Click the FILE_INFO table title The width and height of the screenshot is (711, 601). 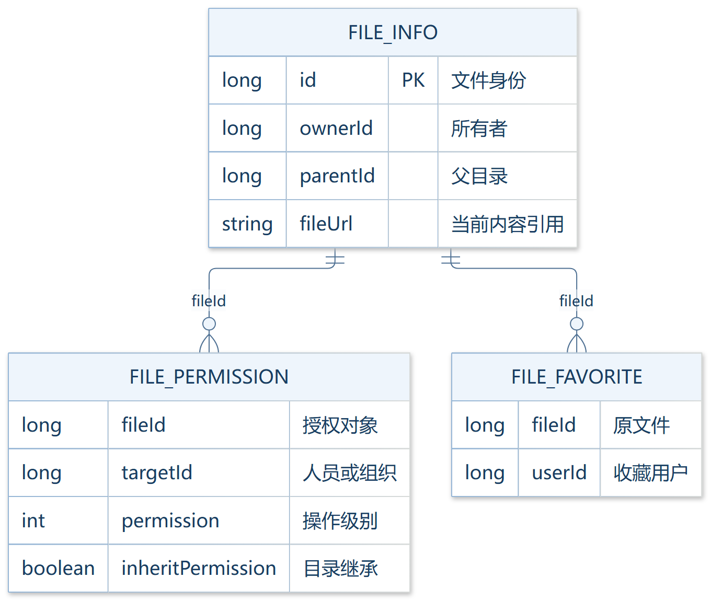[393, 32]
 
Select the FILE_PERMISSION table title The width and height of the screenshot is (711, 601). [209, 377]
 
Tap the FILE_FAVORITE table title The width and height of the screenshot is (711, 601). [577, 377]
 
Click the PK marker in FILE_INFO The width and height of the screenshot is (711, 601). [413, 80]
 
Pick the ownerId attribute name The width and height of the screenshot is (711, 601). [336, 128]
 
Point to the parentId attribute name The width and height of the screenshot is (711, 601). [337, 177]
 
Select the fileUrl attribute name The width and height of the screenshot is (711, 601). [326, 224]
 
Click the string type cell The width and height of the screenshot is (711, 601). [247, 225]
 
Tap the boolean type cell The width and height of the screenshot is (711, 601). [58, 568]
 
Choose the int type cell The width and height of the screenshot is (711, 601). [33, 521]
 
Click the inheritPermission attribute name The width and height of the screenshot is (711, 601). [199, 568]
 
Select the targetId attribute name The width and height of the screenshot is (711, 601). [157, 473]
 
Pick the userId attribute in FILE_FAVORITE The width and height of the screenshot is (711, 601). [559, 472]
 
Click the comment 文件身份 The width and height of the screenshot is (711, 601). [488, 80]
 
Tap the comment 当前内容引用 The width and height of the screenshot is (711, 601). [507, 224]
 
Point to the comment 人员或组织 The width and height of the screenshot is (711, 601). [349, 473]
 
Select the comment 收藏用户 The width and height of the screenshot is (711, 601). [651, 473]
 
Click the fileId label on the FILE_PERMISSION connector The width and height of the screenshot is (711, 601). [209, 301]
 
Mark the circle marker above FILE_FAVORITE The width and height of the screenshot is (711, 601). [577, 323]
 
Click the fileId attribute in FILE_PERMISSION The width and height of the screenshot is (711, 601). [143, 424]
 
